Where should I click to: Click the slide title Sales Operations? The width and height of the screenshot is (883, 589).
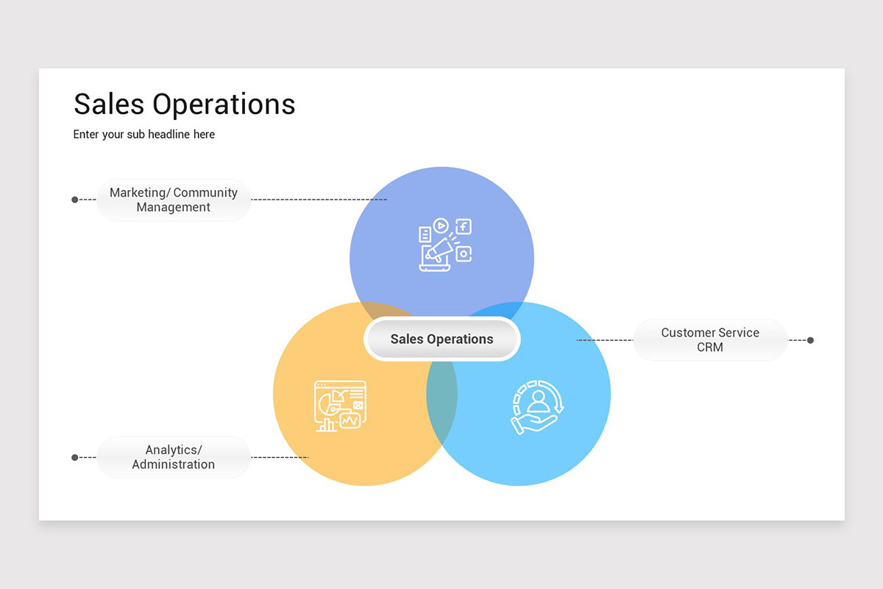184,105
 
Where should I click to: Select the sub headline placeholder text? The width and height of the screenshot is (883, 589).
144,135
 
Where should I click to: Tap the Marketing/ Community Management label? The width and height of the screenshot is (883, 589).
174,200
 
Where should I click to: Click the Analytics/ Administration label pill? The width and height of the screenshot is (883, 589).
174,457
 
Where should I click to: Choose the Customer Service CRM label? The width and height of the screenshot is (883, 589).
710,340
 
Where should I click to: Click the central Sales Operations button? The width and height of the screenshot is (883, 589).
441,339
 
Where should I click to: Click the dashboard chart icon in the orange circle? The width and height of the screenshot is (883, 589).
340,406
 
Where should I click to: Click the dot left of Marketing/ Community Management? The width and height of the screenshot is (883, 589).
74,200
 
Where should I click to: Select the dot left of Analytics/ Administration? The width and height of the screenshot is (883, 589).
74,457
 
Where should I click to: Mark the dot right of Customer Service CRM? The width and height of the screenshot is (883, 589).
810,340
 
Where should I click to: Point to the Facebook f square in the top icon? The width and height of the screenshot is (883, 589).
464,227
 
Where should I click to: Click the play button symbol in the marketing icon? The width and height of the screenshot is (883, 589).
441,225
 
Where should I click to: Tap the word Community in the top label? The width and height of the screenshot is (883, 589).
205,193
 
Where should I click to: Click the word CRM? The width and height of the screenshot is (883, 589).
710,348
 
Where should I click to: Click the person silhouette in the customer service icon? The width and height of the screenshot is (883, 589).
539,401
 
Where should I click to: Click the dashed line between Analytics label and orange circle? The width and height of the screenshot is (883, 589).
280,457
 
